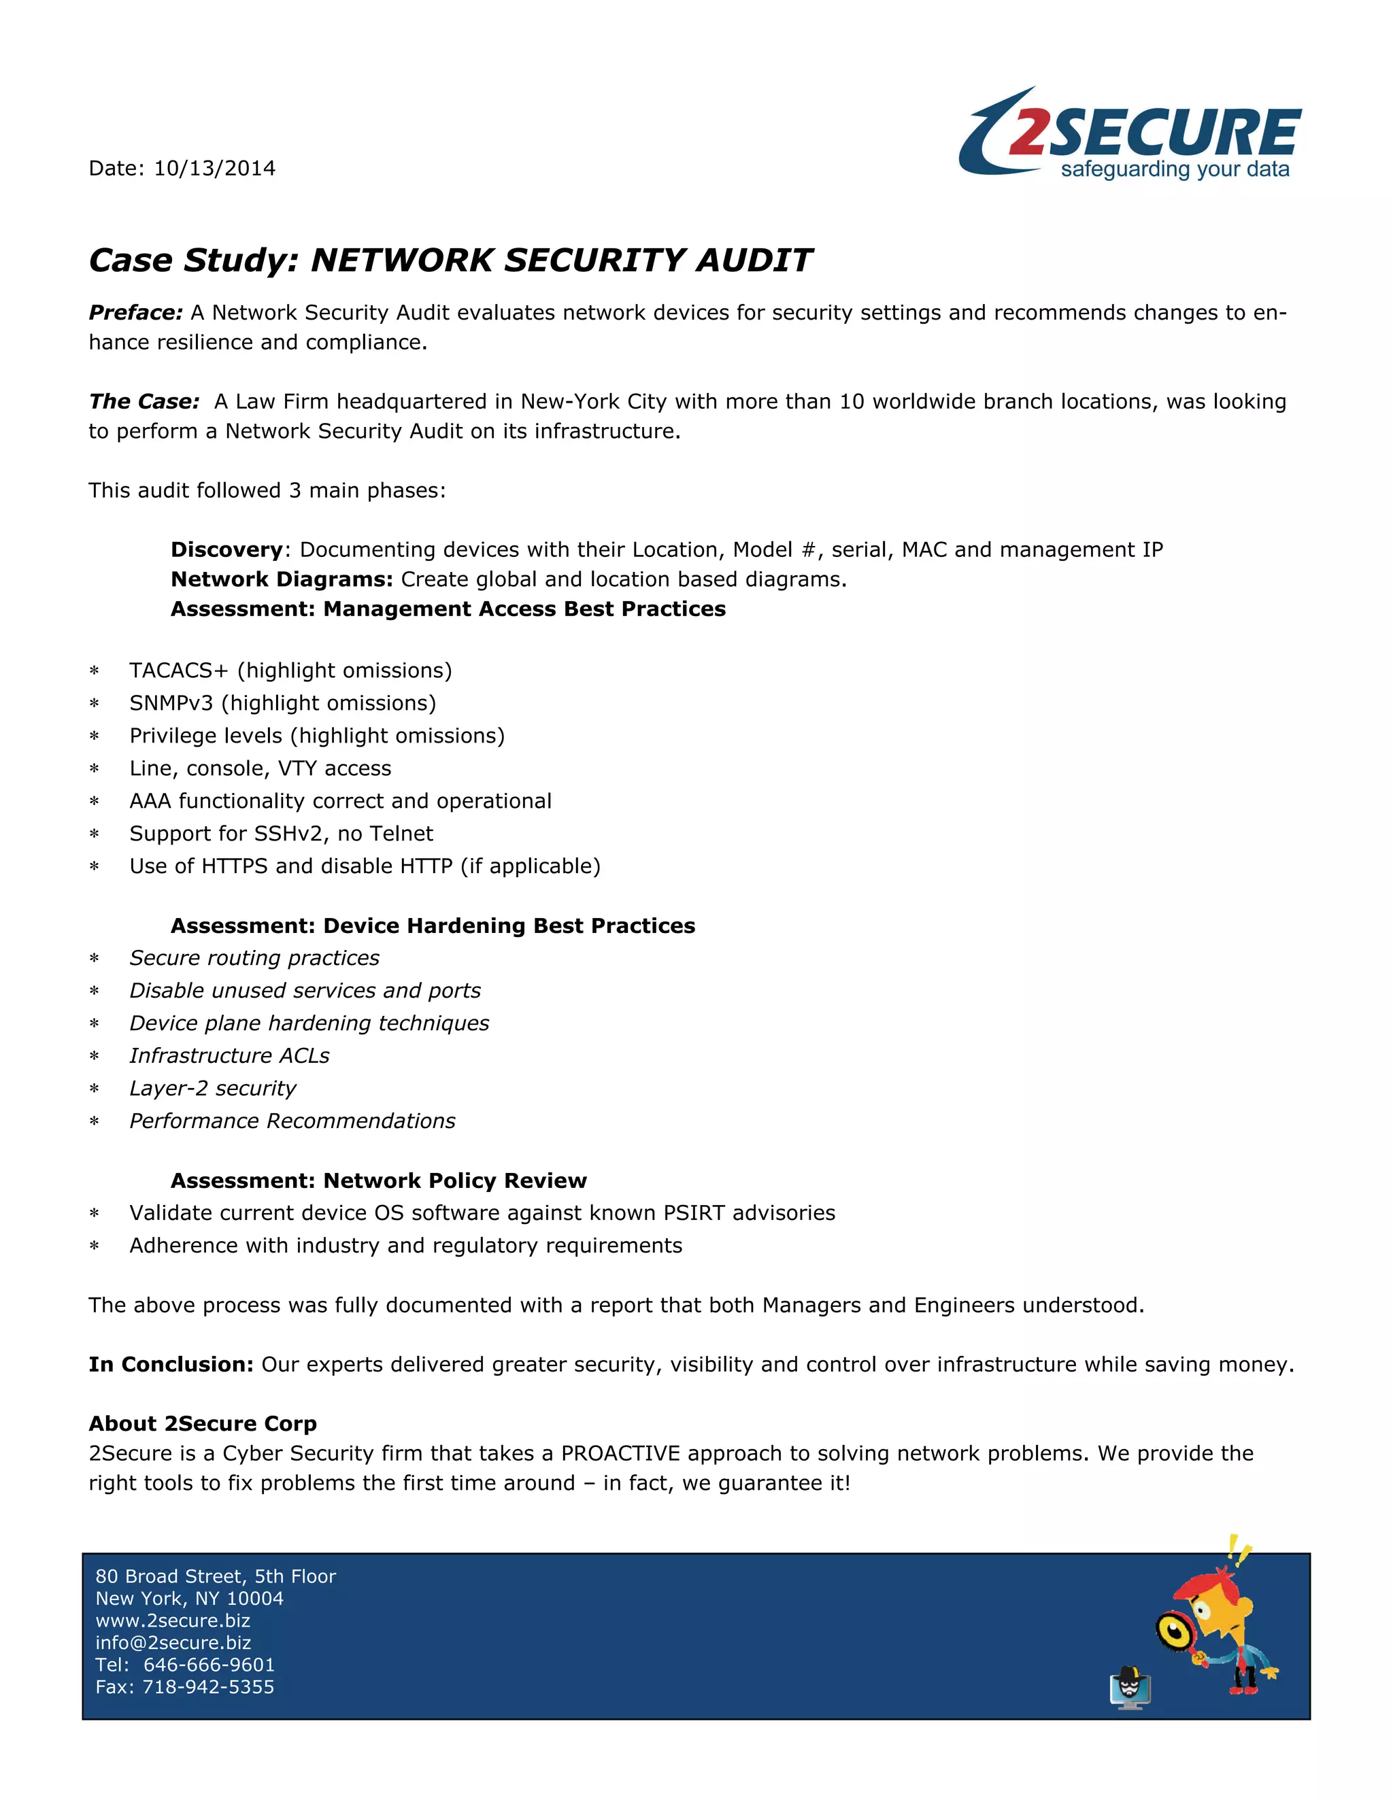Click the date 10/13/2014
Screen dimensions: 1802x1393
pyautogui.click(x=214, y=169)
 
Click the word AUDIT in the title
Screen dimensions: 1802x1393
pyautogui.click(x=754, y=260)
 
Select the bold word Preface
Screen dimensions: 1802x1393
pyautogui.click(x=135, y=313)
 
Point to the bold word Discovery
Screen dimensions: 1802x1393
pyautogui.click(x=226, y=549)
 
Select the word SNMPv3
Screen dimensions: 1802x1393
pyautogui.click(x=171, y=703)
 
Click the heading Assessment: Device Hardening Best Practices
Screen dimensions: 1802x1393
pyautogui.click(x=433, y=925)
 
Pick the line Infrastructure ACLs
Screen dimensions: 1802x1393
pyautogui.click(x=229, y=1056)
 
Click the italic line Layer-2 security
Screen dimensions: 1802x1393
pyautogui.click(x=213, y=1088)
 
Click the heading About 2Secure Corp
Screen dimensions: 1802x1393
pyautogui.click(x=202, y=1424)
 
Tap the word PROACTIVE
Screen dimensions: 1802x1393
pyautogui.click(x=620, y=1454)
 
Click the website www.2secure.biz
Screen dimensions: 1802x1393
pyautogui.click(x=173, y=1620)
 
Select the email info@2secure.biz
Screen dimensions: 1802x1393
pyautogui.click(x=173, y=1643)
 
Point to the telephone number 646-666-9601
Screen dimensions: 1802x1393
pyautogui.click(x=209, y=1665)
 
